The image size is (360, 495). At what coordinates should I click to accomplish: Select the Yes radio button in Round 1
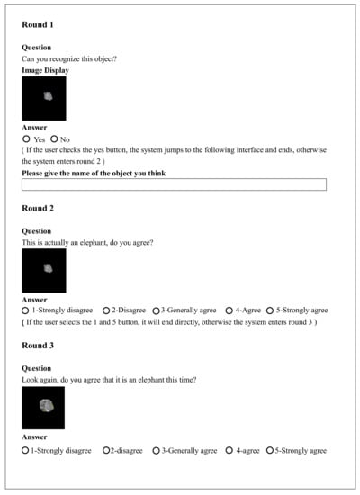(26, 139)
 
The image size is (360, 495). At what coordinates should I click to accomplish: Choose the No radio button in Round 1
(55, 139)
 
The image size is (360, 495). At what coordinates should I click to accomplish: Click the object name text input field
(174, 184)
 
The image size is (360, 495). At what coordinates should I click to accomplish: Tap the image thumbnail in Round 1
(44, 97)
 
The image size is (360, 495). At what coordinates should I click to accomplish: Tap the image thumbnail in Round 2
(44, 270)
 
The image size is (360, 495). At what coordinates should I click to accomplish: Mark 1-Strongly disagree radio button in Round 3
(25, 450)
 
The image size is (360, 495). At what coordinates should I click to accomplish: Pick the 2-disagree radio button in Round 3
(106, 450)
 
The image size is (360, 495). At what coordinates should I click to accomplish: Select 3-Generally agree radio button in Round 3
(156, 450)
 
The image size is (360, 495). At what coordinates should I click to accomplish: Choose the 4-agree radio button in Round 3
(229, 450)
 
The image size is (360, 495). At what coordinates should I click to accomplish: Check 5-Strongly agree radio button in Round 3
(270, 450)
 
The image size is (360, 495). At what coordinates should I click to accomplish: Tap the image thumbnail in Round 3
(44, 408)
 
